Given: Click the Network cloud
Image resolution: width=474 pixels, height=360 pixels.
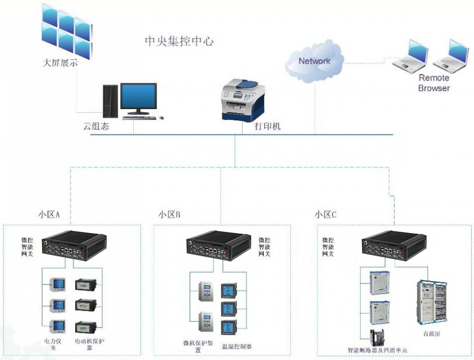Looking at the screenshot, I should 314,60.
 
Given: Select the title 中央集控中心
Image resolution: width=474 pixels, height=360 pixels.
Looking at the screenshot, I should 179,42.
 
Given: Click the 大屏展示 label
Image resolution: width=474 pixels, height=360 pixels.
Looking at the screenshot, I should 60,62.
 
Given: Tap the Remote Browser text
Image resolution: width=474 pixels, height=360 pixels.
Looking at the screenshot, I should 434,83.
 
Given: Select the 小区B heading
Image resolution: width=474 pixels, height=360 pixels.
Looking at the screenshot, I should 169,215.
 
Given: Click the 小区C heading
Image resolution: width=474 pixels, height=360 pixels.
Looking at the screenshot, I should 325,215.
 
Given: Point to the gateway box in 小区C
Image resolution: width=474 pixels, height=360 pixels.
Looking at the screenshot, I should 394,244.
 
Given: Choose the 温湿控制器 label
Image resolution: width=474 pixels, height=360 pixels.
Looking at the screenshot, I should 236,346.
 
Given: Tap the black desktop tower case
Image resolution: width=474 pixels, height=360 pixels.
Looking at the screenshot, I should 110,100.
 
